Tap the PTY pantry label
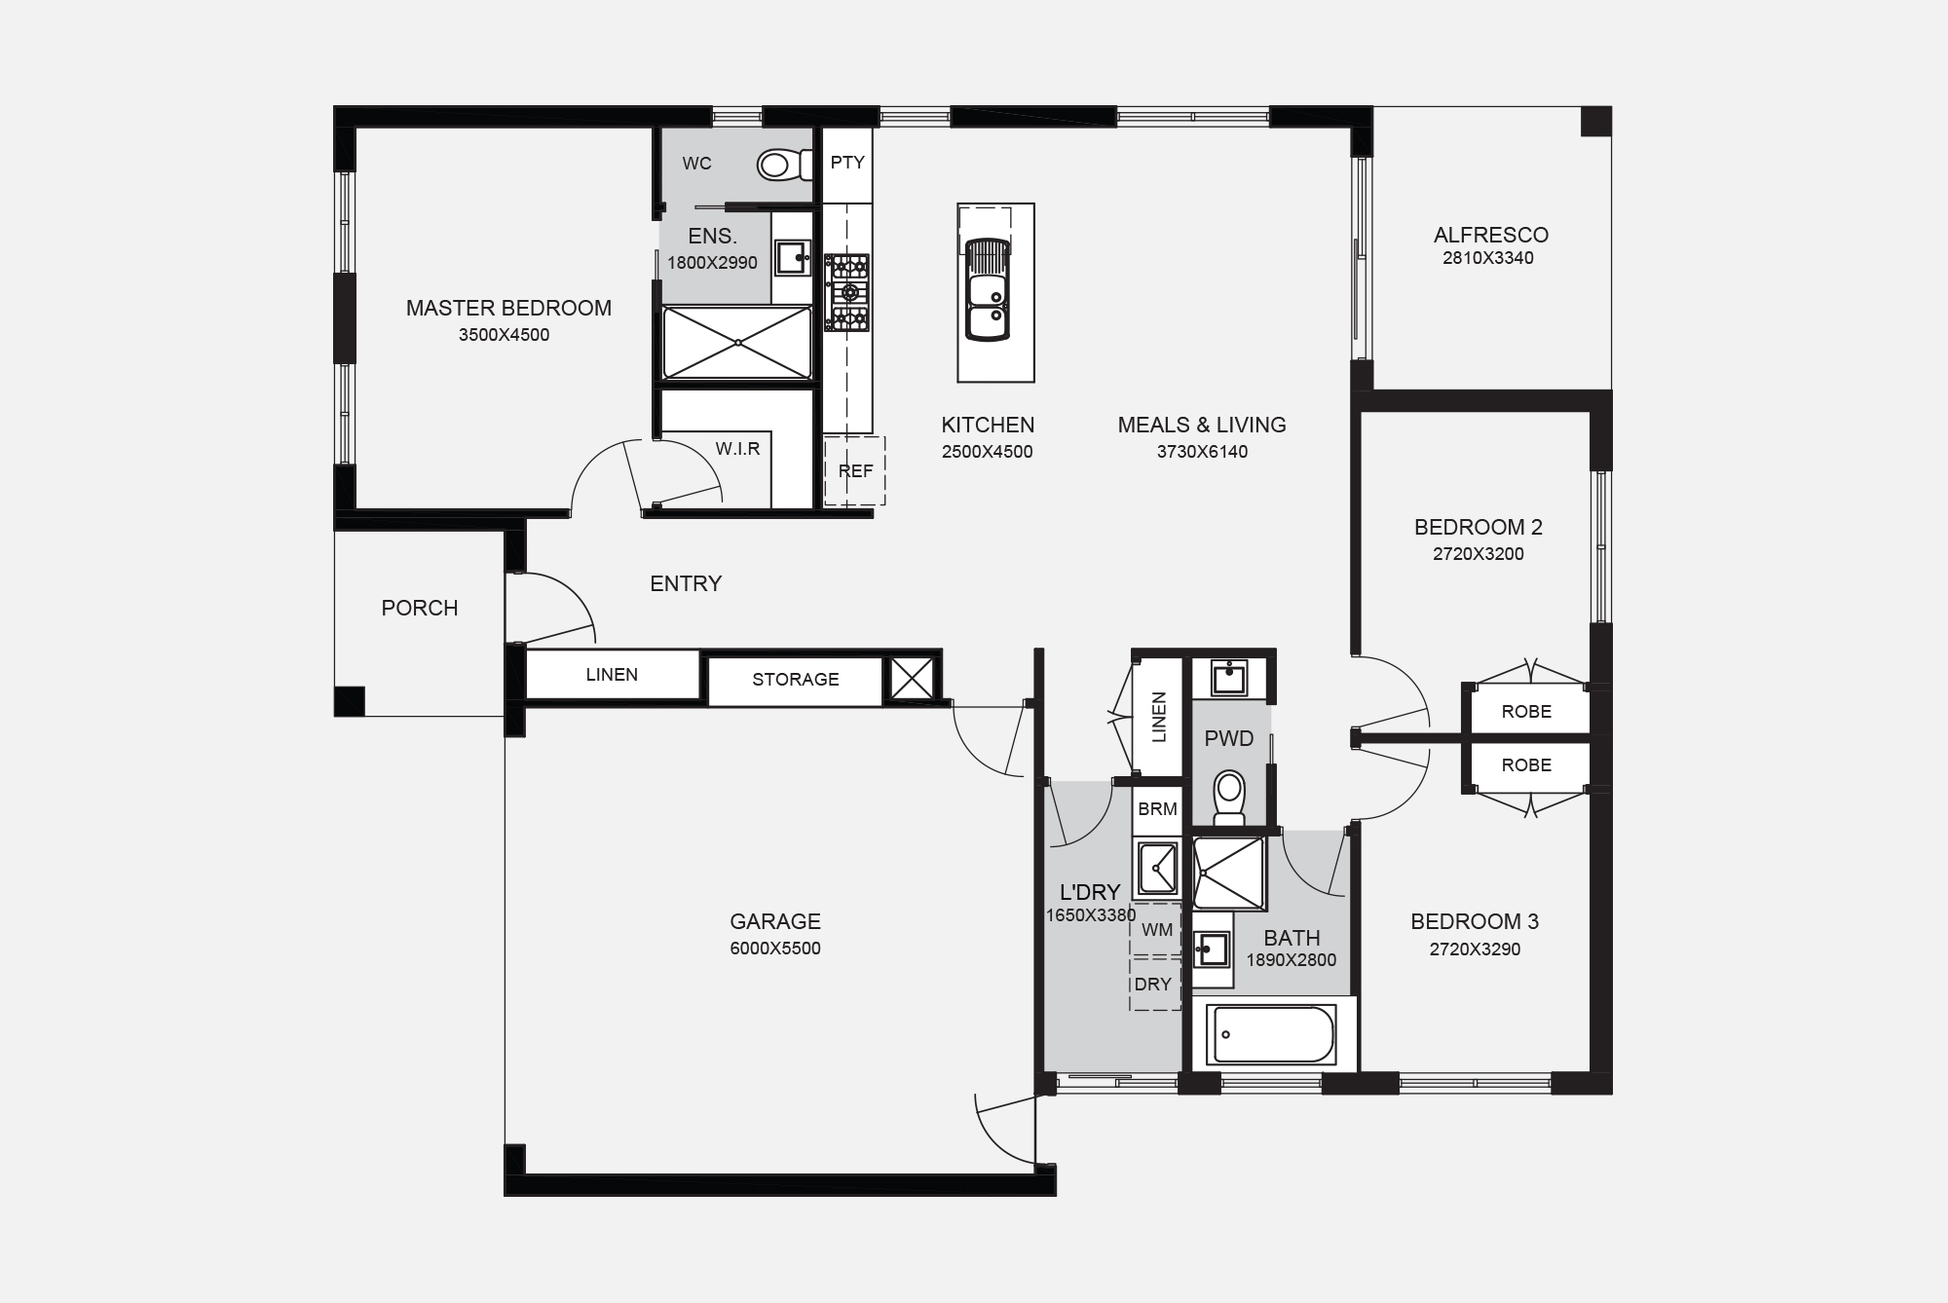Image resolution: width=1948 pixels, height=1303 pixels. click(x=847, y=163)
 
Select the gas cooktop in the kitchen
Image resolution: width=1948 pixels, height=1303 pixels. click(x=847, y=292)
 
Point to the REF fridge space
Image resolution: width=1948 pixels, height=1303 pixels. click(x=855, y=471)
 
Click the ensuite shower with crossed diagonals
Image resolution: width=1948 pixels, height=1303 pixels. click(x=737, y=343)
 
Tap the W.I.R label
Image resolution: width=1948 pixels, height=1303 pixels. click(x=737, y=449)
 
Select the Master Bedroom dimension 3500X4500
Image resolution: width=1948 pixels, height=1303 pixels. click(x=504, y=335)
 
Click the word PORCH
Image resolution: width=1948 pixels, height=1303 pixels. click(x=419, y=608)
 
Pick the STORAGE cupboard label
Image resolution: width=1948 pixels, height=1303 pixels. click(x=795, y=680)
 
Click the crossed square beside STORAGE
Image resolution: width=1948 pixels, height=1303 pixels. click(x=913, y=678)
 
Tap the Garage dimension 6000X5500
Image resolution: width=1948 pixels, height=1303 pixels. click(x=775, y=949)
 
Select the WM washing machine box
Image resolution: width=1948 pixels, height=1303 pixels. click(x=1156, y=930)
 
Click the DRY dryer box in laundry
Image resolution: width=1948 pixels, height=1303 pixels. click(x=1153, y=985)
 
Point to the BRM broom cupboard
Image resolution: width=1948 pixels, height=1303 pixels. click(x=1157, y=809)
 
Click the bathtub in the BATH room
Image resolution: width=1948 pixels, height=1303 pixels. click(x=1270, y=1034)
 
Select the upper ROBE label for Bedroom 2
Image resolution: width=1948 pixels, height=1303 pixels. click(x=1526, y=712)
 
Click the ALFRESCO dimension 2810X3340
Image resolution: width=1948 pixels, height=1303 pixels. click(x=1487, y=258)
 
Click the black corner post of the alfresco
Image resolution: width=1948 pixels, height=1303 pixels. click(x=1594, y=122)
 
